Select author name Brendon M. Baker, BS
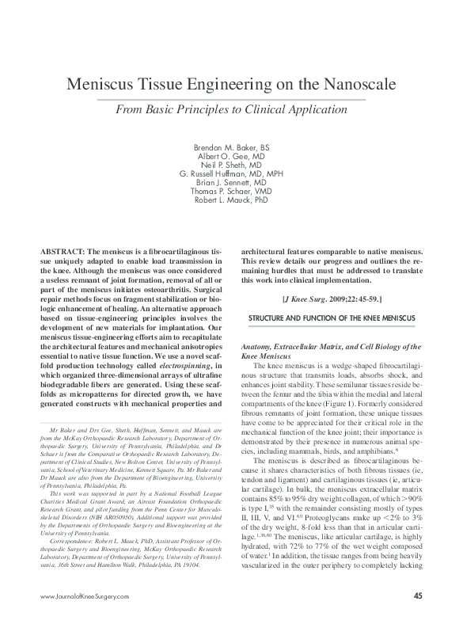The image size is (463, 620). click(x=231, y=148)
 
